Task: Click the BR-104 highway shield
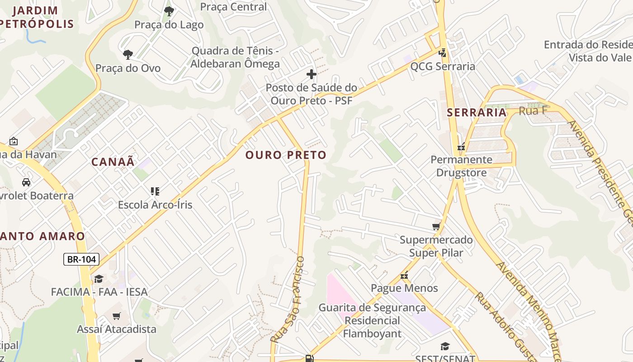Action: pos(81,259)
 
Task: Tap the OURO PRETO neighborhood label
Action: pos(286,155)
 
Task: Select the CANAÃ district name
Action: pos(113,162)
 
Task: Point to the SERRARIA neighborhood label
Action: pos(477,113)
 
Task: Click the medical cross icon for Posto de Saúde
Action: pos(311,74)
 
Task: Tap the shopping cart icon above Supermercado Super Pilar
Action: pos(436,226)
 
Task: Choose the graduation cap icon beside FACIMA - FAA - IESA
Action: pos(99,279)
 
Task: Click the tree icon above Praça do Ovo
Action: pos(128,55)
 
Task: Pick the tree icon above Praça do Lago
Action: pos(169,11)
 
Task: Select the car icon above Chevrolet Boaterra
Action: pos(26,182)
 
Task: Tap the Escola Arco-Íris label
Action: pos(155,205)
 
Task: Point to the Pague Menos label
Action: pos(404,288)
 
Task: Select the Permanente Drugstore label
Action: pos(461,166)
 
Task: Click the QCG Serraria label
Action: pos(443,67)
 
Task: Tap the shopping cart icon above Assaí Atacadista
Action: pos(117,316)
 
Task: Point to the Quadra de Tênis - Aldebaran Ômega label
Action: pos(235,57)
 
